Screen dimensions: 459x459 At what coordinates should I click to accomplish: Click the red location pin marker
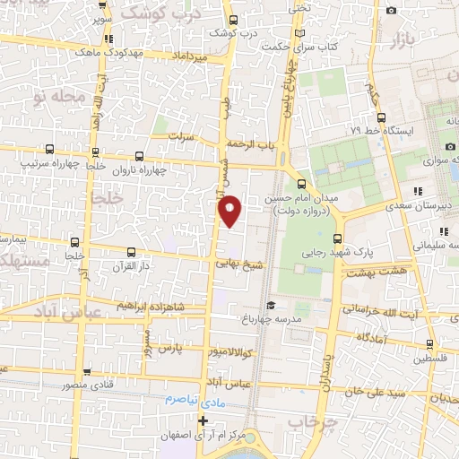229,210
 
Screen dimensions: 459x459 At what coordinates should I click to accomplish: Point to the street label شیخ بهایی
241,265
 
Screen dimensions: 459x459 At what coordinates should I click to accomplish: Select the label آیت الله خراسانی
376,308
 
